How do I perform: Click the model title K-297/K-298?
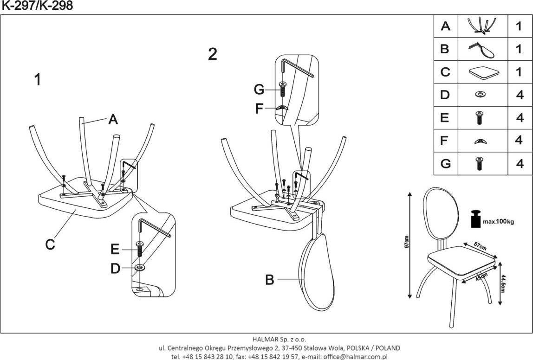37,6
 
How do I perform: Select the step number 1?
38,80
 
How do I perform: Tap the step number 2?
212,54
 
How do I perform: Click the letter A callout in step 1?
113,120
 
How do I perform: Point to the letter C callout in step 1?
51,244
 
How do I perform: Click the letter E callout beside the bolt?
115,250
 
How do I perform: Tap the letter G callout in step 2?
259,89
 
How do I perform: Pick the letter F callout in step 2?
260,109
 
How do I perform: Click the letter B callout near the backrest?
270,280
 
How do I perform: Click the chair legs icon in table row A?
481,26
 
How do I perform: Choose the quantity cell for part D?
519,95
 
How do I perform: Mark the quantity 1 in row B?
519,49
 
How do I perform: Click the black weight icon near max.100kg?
475,219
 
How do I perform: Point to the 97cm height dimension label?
406,242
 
